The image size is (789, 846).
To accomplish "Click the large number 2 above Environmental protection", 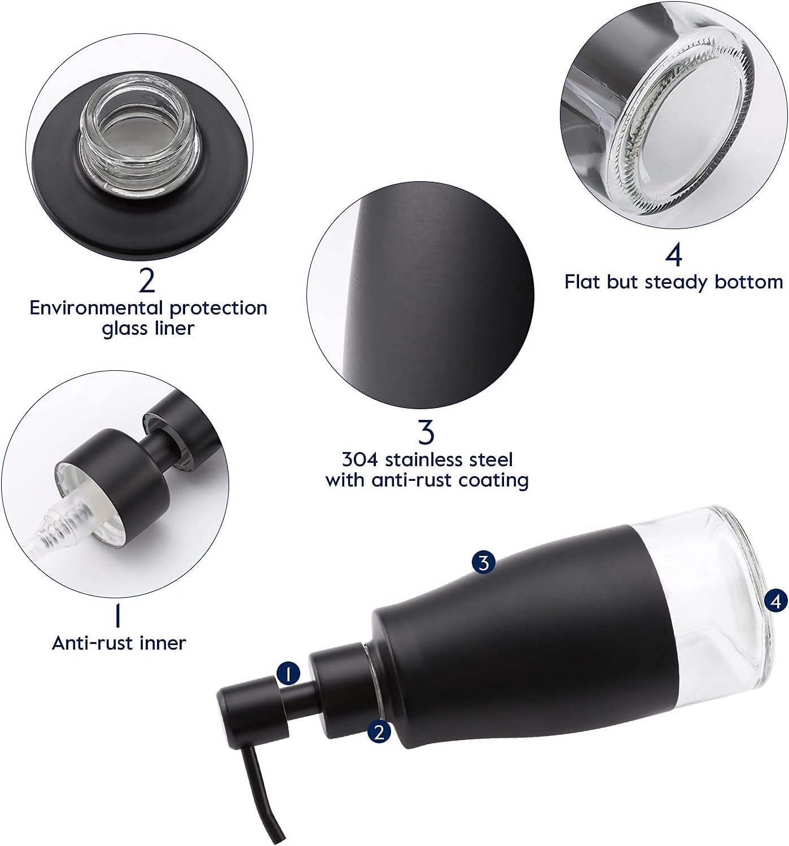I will [x=147, y=280].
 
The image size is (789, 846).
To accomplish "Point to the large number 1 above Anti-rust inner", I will [x=118, y=616].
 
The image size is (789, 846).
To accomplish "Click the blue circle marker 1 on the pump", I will [x=289, y=674].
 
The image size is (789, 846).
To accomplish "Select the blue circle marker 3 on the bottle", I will [x=483, y=562].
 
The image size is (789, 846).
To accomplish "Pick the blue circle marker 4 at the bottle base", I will [x=777, y=602].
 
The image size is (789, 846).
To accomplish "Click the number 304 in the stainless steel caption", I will [x=361, y=459].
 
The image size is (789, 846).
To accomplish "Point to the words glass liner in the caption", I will [x=148, y=328].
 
